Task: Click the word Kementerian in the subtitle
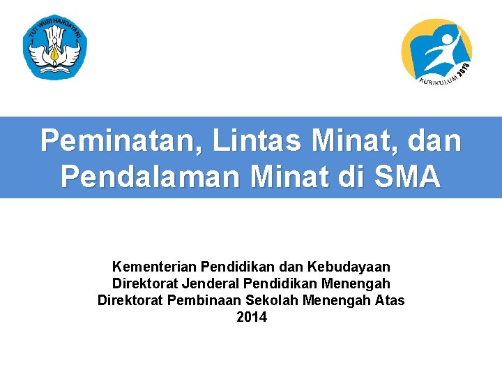click(x=154, y=267)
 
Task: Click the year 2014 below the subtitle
click(x=251, y=318)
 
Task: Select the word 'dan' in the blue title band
click(x=432, y=140)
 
